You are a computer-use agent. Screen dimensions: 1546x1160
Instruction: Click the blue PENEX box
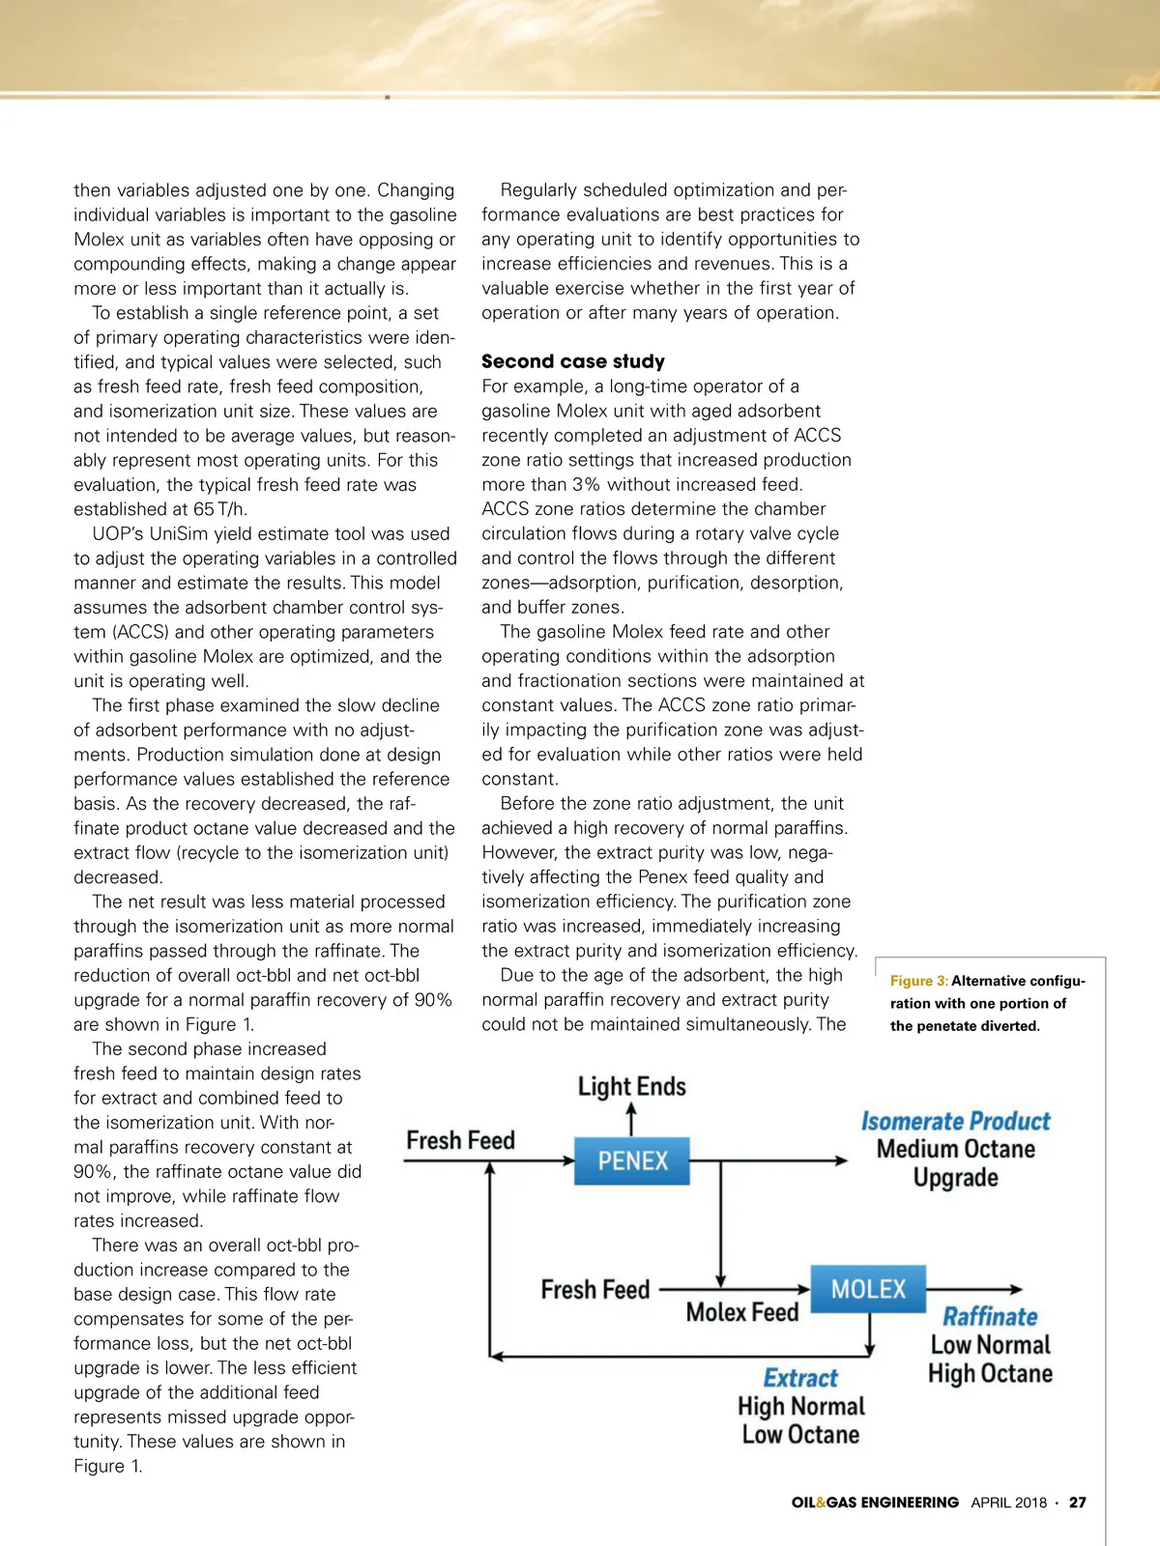[632, 1160]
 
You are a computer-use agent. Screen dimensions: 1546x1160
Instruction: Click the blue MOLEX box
[868, 1289]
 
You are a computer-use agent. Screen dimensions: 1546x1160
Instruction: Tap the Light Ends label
[632, 1087]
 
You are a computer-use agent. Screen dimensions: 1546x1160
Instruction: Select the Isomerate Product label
[955, 1121]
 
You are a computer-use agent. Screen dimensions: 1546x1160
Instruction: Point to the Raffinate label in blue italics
[990, 1317]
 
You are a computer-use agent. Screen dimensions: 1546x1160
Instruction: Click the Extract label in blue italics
[800, 1378]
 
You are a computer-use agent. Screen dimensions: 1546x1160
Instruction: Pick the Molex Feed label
[742, 1312]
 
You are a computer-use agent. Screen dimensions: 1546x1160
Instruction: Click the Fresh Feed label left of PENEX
[460, 1140]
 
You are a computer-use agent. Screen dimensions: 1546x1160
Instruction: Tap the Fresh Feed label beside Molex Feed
[595, 1290]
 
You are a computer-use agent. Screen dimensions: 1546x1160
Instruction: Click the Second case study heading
[573, 361]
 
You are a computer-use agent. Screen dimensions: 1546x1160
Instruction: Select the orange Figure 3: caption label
[919, 981]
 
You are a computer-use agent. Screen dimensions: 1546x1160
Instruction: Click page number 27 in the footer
[1077, 1503]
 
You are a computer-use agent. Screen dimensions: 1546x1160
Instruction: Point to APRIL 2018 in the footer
[1009, 1503]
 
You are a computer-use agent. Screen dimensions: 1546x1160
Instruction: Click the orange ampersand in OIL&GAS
[821, 1503]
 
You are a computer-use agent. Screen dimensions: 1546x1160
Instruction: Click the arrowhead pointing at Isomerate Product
[841, 1160]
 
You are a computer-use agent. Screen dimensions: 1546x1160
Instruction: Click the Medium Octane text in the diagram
[955, 1149]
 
